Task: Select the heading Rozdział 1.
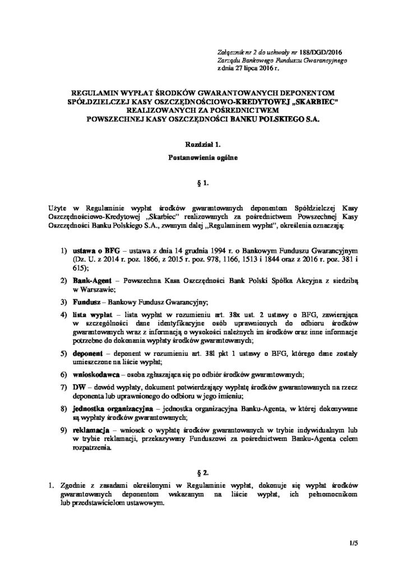click(204, 145)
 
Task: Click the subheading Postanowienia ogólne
click(204, 159)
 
